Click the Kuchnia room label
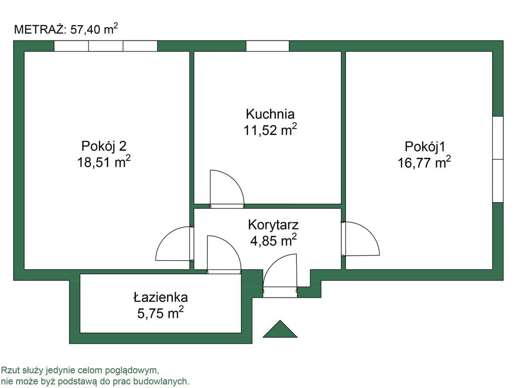[x=270, y=114]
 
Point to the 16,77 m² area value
[x=424, y=163]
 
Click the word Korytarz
[x=273, y=224]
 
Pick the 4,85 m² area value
[x=273, y=240]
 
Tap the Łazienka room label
[x=161, y=297]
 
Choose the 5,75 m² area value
[x=161, y=313]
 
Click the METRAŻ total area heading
[x=66, y=29]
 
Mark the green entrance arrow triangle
[x=280, y=329]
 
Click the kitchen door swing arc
[x=226, y=188]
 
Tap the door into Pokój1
[x=361, y=238]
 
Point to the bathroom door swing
[x=224, y=254]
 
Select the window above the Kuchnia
[x=267, y=46]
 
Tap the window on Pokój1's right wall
[x=498, y=159]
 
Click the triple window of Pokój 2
[x=106, y=46]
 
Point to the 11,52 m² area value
[x=270, y=130]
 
